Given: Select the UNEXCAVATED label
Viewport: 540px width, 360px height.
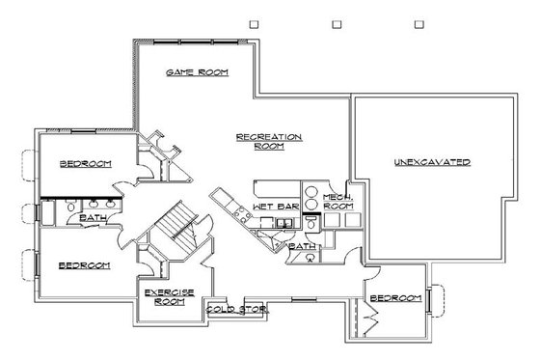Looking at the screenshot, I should [x=432, y=161].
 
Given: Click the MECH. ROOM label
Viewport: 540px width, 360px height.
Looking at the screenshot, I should [x=338, y=202].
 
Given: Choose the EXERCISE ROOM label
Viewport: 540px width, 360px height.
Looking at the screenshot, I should [x=171, y=296].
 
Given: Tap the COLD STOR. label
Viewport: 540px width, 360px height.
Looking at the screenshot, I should [x=236, y=310].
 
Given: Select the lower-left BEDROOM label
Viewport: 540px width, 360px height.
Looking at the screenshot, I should [x=84, y=264].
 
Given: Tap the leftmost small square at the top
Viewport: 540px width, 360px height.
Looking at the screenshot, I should [x=253, y=22].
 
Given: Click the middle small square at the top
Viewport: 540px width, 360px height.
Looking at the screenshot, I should [x=337, y=22].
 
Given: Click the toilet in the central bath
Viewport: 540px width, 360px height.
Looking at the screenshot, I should [x=310, y=223].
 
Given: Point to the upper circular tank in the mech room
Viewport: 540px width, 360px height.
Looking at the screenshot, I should [x=311, y=189].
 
